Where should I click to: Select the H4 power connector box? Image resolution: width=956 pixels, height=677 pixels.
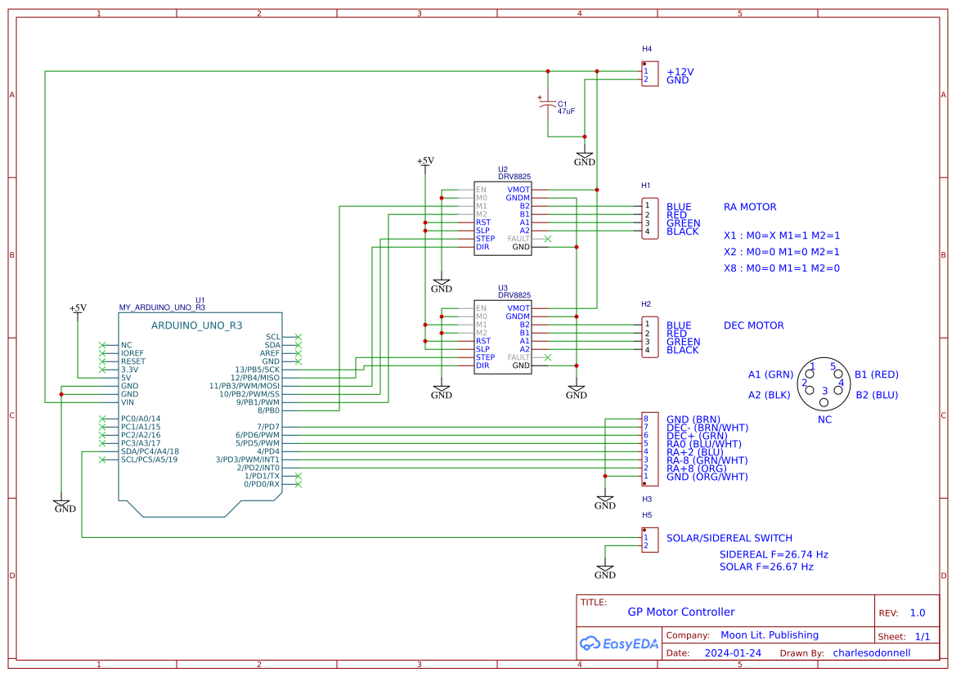(x=649, y=75)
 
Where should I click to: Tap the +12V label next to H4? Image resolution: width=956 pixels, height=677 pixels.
(x=680, y=72)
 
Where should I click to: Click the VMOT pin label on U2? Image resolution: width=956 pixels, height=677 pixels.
(x=518, y=190)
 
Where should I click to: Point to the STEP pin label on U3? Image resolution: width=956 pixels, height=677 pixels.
(x=485, y=357)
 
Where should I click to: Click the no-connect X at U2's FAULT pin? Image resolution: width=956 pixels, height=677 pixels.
(x=547, y=239)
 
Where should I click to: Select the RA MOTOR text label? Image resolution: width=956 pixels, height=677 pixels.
(x=750, y=207)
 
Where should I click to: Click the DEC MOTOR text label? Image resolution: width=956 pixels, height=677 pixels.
(x=753, y=325)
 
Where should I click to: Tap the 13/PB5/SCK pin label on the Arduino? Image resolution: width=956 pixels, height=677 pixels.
(x=257, y=370)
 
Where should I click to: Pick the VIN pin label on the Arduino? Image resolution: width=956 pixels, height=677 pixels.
(x=127, y=402)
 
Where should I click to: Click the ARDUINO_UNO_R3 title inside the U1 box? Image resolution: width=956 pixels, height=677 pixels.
(x=196, y=325)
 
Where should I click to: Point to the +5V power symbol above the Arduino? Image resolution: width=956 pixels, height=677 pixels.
(x=78, y=308)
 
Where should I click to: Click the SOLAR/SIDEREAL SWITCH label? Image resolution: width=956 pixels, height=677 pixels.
(x=729, y=538)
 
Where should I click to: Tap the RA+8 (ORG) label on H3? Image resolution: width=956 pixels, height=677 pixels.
(x=696, y=469)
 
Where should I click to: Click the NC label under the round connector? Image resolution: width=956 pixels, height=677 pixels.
(x=824, y=419)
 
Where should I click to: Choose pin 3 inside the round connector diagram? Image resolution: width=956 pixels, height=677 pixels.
(x=824, y=391)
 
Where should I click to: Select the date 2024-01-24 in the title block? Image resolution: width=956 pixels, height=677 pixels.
(x=733, y=653)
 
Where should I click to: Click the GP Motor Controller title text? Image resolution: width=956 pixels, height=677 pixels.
(x=680, y=612)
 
